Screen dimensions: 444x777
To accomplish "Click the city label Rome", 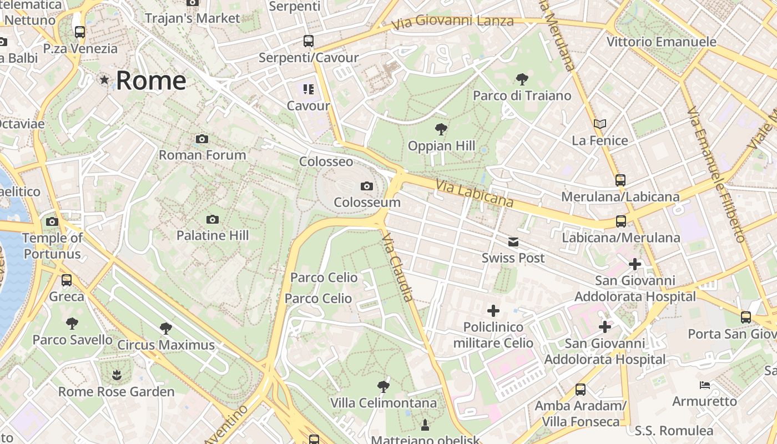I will (151, 80).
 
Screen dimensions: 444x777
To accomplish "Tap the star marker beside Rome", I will (104, 80).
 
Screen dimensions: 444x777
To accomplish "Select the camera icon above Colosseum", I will (367, 186).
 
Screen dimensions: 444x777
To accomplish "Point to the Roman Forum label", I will (202, 155).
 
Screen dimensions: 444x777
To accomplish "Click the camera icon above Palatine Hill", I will (212, 219).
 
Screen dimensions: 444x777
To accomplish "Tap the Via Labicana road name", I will (474, 193).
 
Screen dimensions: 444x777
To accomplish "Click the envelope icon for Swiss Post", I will (513, 242).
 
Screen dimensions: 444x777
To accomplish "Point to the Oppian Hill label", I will (441, 146).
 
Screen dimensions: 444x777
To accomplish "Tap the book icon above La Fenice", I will (599, 124).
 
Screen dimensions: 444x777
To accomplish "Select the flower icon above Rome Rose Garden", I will (117, 375).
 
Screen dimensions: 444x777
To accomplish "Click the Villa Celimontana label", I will (384, 403).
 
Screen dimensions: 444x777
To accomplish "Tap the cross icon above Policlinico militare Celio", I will (493, 311).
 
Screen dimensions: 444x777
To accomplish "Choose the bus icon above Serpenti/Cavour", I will (308, 41).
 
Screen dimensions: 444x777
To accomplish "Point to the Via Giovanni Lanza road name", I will (452, 23).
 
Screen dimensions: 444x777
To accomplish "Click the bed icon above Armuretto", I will (704, 385).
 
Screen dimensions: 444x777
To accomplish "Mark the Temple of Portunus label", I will (52, 246).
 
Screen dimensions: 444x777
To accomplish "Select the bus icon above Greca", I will (67, 280).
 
